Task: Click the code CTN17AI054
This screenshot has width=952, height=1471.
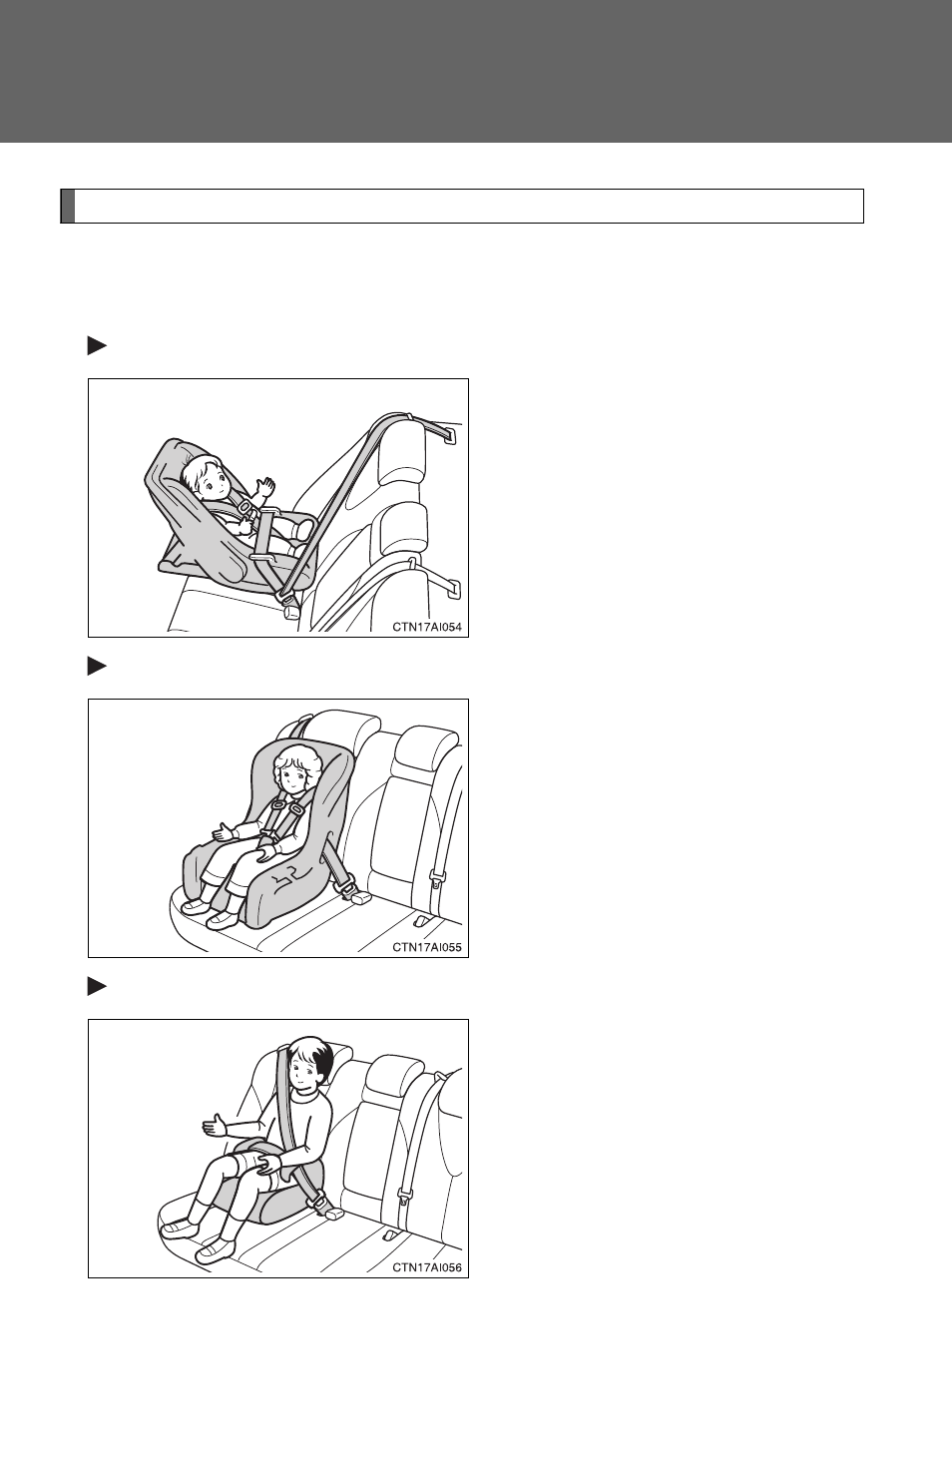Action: pos(427,627)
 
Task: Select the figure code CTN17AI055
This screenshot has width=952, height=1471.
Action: pos(427,947)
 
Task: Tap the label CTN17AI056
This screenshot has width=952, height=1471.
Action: pos(427,1267)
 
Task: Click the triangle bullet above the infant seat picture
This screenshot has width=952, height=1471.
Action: pos(97,346)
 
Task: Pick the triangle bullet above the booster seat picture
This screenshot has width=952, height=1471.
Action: pos(97,987)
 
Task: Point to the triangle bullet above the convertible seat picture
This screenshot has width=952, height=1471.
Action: pos(97,667)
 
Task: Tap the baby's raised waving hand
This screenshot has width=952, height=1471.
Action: pos(265,487)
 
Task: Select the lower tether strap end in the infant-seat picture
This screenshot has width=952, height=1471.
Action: pos(454,591)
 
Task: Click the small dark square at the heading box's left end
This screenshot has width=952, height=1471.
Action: pos(68,207)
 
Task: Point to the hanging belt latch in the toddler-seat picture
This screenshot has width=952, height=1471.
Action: pos(436,878)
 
